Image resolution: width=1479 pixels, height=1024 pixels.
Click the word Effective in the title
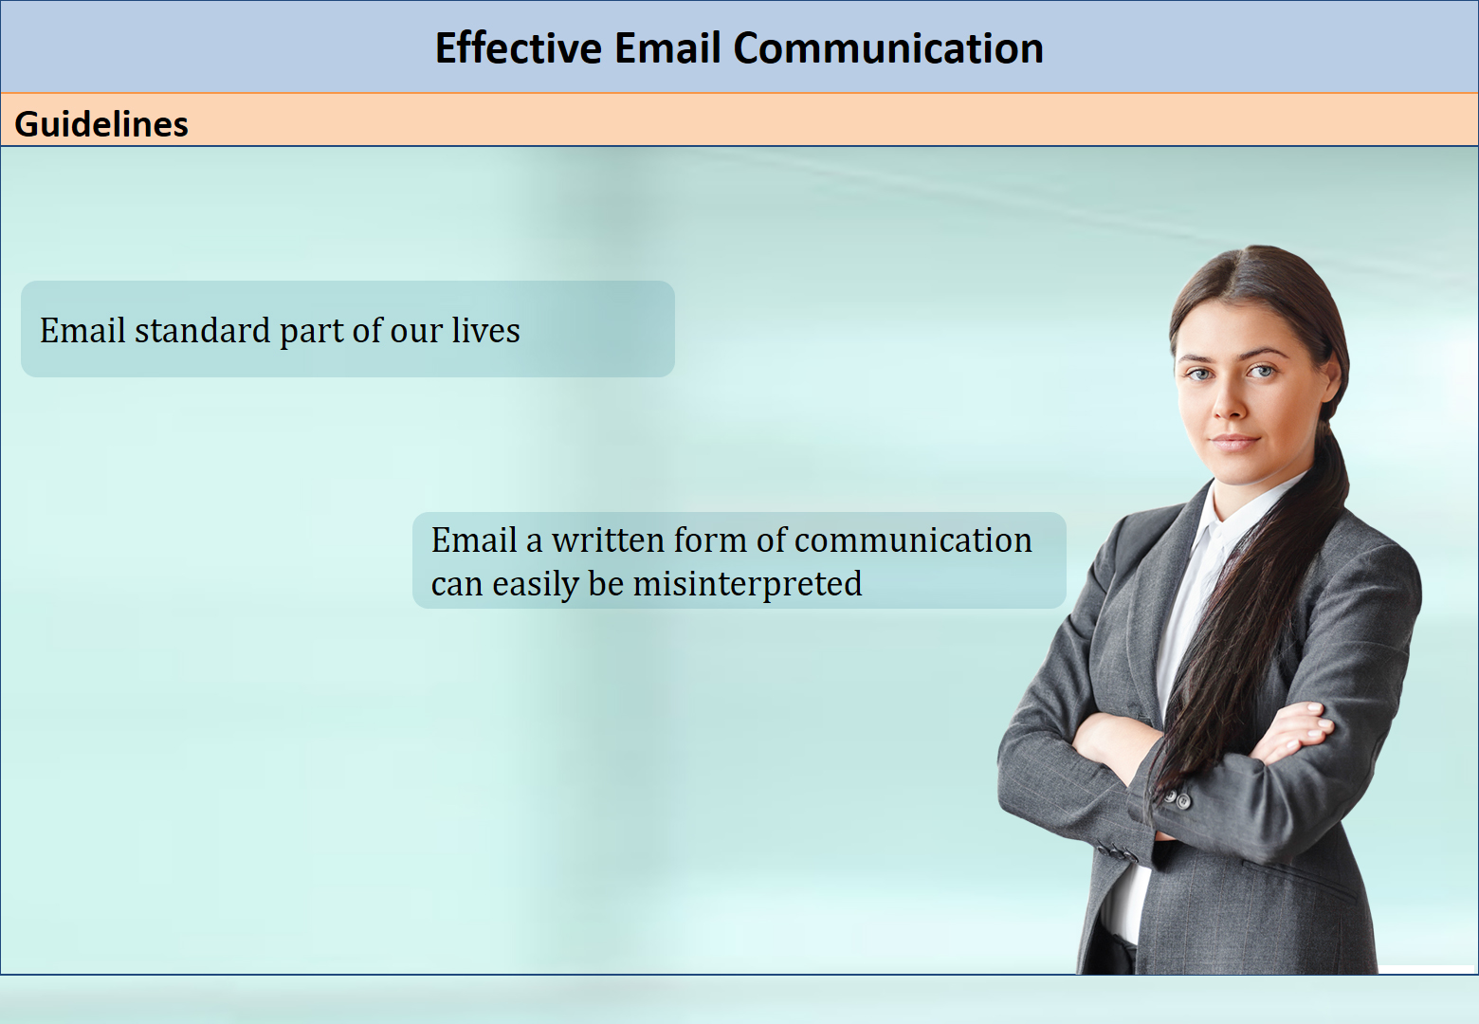[519, 48]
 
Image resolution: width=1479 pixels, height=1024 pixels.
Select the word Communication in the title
[888, 48]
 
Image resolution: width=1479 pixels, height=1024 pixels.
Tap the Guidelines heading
[101, 124]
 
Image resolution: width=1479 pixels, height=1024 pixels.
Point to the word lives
[485, 330]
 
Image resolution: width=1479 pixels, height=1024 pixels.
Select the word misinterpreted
[747, 584]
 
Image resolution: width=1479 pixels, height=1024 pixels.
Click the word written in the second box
[608, 540]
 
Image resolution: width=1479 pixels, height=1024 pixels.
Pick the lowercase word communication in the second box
[913, 540]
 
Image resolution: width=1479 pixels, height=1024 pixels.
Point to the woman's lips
[1233, 440]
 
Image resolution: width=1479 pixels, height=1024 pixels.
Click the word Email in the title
[666, 48]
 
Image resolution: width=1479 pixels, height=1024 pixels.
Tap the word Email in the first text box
[82, 330]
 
